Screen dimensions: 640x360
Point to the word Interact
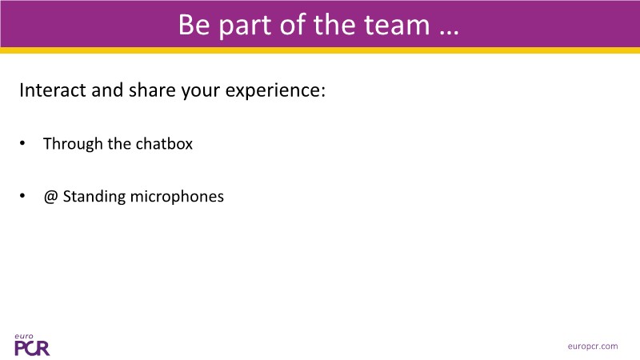click(53, 90)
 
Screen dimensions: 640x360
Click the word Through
click(73, 145)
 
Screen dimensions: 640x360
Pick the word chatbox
click(164, 144)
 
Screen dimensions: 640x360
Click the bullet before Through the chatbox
click(22, 143)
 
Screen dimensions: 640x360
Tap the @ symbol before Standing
click(50, 197)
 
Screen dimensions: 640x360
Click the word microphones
click(177, 197)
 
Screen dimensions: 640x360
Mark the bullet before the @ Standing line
click(22, 196)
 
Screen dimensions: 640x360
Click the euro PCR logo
click(32, 345)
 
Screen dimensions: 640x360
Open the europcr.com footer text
click(593, 346)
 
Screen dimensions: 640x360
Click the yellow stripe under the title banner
click(320, 50)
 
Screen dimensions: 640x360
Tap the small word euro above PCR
click(24, 337)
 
